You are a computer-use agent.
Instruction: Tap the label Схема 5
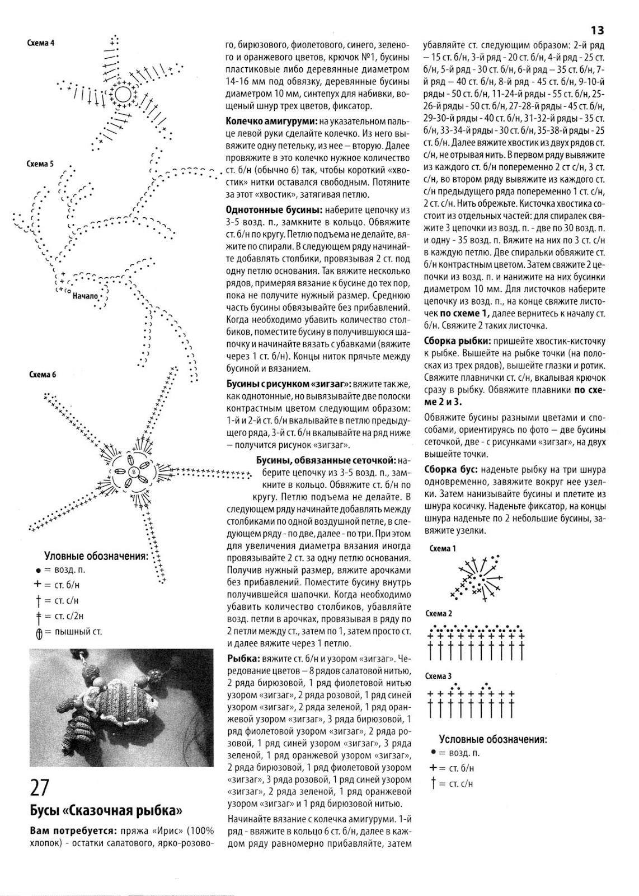pos(40,165)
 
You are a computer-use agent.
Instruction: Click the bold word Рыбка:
pos(242,659)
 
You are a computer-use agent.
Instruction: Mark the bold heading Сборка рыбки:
pos(459,341)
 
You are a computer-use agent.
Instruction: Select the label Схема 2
pos(439,613)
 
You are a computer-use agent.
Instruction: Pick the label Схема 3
pos(439,677)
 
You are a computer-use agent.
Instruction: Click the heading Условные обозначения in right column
pos(492,739)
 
